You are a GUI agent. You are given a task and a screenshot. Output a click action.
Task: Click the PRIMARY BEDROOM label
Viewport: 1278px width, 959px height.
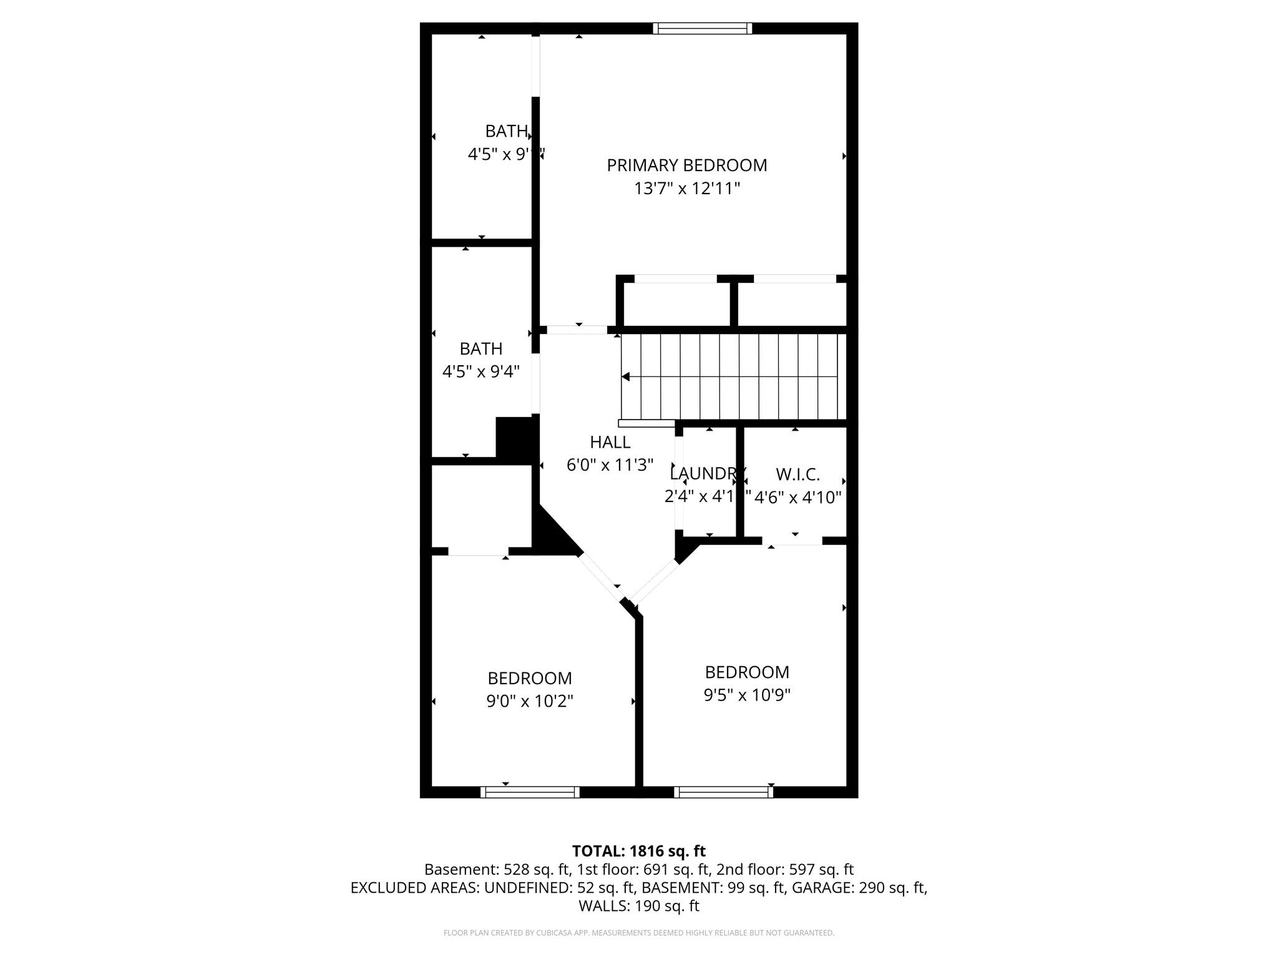point(686,165)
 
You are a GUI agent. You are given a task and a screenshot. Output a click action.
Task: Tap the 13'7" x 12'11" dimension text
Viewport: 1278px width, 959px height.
point(686,189)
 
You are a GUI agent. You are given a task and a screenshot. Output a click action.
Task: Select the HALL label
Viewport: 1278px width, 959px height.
point(610,442)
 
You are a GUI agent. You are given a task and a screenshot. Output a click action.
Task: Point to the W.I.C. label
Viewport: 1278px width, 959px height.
point(798,475)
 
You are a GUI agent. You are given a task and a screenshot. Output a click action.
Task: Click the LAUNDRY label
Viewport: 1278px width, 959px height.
point(707,473)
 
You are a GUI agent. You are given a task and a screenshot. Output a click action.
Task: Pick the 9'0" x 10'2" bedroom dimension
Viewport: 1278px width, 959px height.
point(529,701)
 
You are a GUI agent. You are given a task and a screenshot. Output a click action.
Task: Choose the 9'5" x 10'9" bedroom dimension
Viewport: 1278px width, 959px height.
point(747,695)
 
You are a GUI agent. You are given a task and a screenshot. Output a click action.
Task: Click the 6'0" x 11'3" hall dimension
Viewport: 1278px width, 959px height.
point(610,465)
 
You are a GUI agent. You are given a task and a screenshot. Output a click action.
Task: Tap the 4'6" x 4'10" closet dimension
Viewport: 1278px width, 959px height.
point(798,498)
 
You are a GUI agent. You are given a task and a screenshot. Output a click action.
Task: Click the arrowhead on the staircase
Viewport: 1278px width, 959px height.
point(626,376)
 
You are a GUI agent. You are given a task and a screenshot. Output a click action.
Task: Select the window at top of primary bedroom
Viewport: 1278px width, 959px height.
point(702,28)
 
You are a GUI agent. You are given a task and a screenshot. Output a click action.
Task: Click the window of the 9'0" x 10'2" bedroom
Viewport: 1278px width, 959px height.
point(530,792)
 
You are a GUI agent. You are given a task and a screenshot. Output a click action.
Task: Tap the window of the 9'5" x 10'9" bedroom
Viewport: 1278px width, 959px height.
point(723,792)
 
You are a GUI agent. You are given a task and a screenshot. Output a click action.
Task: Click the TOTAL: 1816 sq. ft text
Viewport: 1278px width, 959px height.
point(638,851)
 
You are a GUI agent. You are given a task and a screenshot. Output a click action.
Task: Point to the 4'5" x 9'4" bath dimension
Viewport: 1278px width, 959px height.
point(480,372)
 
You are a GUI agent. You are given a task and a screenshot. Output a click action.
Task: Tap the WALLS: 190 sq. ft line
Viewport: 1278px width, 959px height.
point(638,906)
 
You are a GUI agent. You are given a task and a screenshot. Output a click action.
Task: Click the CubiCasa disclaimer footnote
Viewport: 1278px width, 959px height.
point(638,933)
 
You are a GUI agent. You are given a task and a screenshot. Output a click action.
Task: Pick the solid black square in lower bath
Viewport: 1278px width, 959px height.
point(515,438)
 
